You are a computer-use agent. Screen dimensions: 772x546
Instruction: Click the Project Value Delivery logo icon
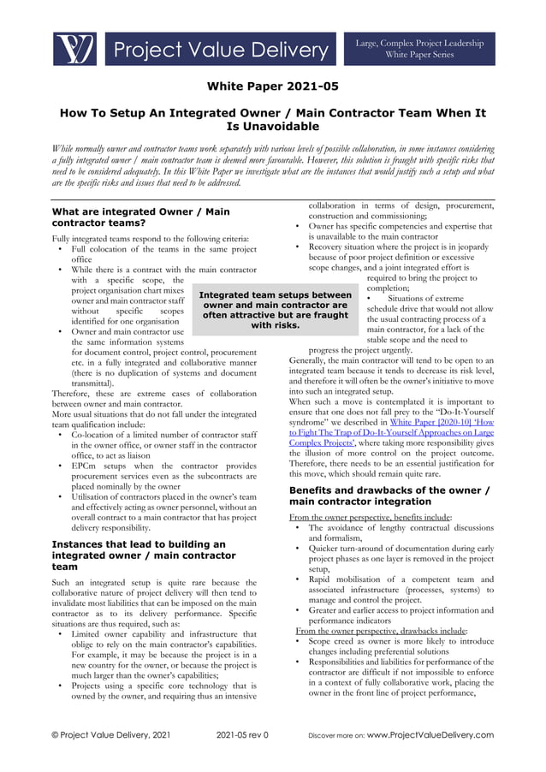pyautogui.click(x=74, y=49)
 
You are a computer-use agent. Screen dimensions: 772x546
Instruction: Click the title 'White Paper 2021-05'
pyautogui.click(x=273, y=86)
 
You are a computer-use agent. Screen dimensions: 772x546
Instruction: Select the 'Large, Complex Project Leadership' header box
pyautogui.click(x=420, y=48)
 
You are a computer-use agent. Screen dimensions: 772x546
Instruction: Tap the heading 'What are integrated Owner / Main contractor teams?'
pyautogui.click(x=140, y=217)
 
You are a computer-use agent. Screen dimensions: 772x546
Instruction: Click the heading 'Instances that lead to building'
pyautogui.click(x=139, y=555)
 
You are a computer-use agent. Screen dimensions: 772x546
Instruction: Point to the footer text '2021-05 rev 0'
pyautogui.click(x=242, y=734)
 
